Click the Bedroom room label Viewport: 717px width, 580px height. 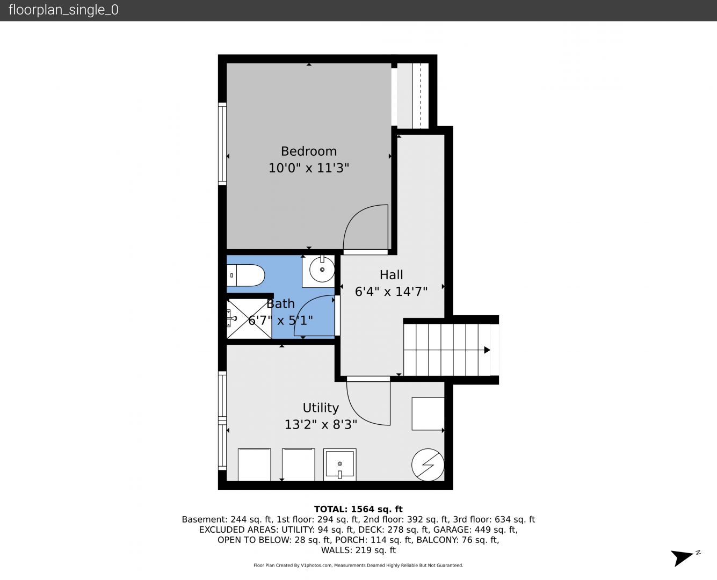pos(309,151)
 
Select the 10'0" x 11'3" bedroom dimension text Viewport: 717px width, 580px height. pos(309,168)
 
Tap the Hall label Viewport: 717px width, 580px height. pos(391,275)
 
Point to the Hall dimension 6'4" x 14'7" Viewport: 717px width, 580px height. pos(391,292)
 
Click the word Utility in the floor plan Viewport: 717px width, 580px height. pos(321,408)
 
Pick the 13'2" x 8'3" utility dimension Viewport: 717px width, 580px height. pos(321,424)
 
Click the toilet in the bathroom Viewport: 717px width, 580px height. pos(246,275)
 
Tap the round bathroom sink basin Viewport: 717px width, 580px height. pos(322,270)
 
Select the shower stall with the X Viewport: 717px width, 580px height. pos(249,319)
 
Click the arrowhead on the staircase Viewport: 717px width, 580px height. pos(487,350)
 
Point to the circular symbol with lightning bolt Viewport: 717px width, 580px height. pos(428,465)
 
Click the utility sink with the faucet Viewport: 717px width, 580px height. pos(339,465)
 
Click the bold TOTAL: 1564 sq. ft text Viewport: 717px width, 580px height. pos(358,509)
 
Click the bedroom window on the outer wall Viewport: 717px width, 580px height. pos(222,144)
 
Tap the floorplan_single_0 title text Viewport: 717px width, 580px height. pos(63,10)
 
